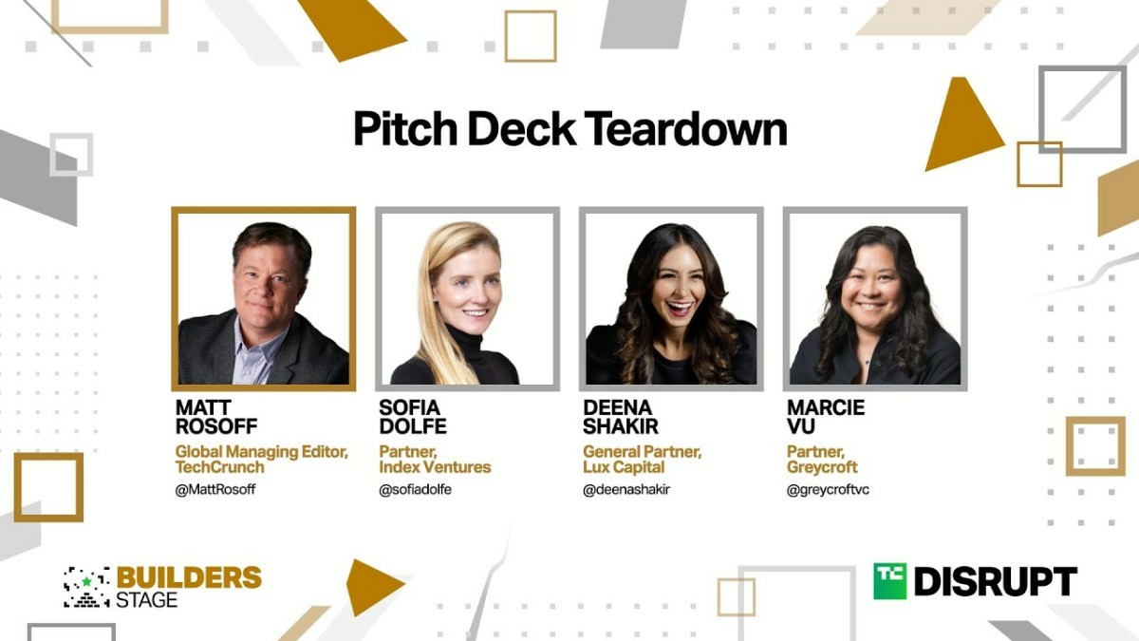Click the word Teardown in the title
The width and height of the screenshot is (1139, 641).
click(x=686, y=129)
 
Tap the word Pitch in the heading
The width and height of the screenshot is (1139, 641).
click(x=405, y=129)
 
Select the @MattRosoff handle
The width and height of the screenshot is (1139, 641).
click(x=215, y=489)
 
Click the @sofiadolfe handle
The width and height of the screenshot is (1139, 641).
click(x=415, y=489)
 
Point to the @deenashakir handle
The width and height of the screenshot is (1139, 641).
click(x=626, y=489)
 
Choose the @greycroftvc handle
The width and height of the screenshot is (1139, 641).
click(x=828, y=489)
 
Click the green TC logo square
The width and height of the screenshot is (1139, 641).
click(x=890, y=581)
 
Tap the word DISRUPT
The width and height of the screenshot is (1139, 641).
click(x=996, y=581)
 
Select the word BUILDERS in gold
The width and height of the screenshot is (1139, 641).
click(x=189, y=577)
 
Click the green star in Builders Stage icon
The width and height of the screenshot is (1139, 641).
click(x=87, y=581)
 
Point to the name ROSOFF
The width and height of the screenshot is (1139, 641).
click(x=216, y=426)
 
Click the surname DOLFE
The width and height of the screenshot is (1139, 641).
click(x=413, y=426)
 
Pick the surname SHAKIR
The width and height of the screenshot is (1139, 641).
click(x=621, y=426)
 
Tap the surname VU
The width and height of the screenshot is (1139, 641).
click(x=801, y=426)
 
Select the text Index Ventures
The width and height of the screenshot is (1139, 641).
click(x=436, y=467)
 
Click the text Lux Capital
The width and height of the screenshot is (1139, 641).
click(x=624, y=467)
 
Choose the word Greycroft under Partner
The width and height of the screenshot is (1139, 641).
click(x=822, y=467)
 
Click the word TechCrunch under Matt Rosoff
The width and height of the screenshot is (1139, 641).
click(x=219, y=467)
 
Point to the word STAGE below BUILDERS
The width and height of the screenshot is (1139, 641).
click(x=147, y=600)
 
